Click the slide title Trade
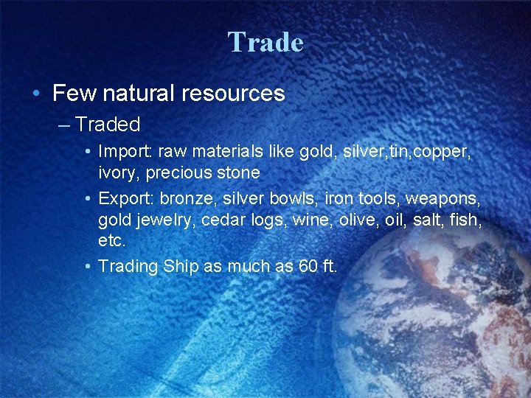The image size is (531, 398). coord(265,42)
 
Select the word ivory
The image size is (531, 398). coord(117,173)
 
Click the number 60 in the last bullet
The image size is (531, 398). coord(305,266)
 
